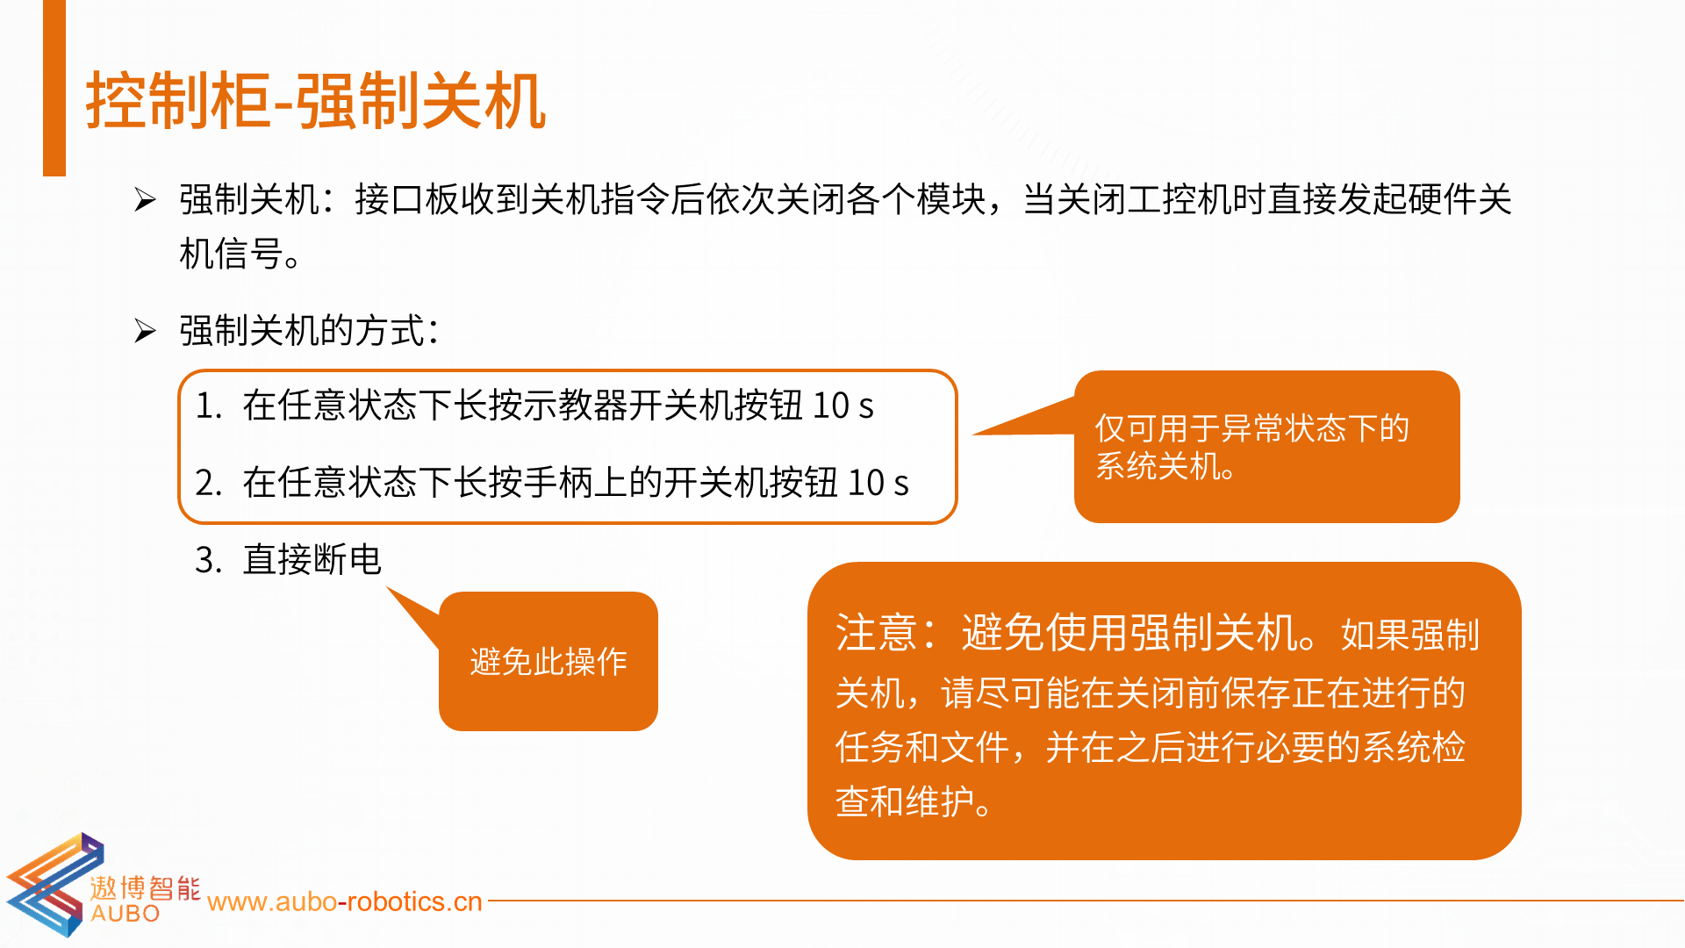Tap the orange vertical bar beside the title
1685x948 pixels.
point(54,88)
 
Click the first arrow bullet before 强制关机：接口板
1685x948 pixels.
point(145,200)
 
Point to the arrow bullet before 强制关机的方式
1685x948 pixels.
point(145,331)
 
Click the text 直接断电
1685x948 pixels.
point(312,560)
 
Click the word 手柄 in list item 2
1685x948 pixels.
point(558,483)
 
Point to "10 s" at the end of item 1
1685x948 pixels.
point(843,406)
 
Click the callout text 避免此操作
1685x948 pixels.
point(549,662)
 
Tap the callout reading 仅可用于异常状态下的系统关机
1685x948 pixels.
point(1267,447)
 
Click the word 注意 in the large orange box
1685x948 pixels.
point(877,632)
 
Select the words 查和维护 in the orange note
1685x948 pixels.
point(905,801)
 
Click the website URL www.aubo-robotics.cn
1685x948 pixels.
point(345,902)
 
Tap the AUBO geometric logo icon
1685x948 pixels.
point(54,885)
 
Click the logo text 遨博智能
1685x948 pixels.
point(145,887)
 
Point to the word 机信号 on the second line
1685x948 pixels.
point(231,255)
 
